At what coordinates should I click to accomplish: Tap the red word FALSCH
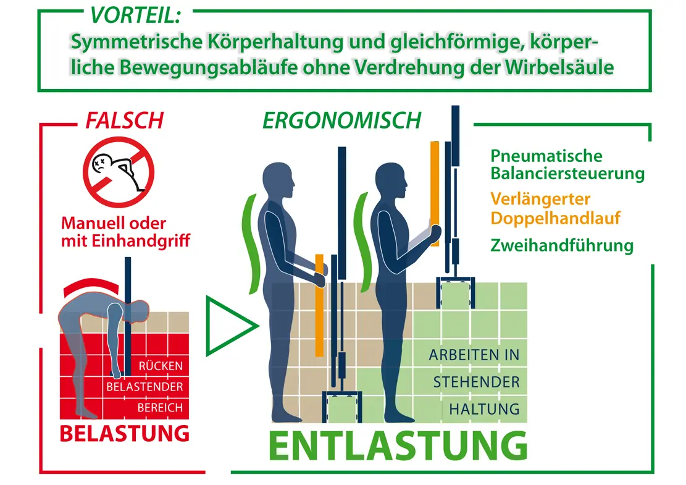[124, 120]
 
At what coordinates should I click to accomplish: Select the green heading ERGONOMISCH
[341, 120]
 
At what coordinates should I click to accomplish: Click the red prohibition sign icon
[119, 172]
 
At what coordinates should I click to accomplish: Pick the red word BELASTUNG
[124, 433]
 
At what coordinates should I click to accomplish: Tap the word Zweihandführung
[562, 246]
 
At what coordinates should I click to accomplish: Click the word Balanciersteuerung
[567, 174]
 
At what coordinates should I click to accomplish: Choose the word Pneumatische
[546, 156]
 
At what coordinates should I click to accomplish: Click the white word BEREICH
[160, 408]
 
